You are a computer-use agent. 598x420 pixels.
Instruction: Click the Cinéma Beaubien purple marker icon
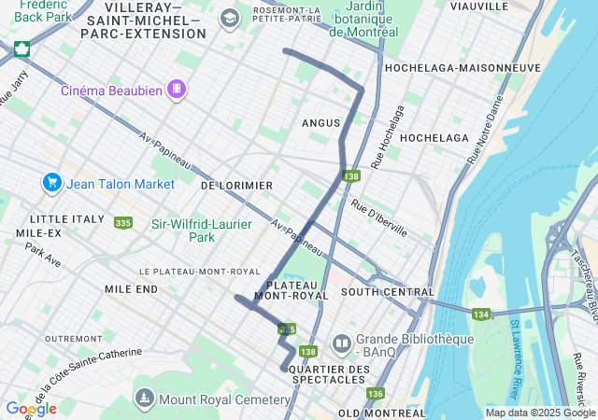[177, 90]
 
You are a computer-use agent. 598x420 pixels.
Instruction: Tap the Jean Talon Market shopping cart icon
[51, 183]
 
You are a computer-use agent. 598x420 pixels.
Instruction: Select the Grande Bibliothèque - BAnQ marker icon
[341, 344]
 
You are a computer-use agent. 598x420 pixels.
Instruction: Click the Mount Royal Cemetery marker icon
[144, 399]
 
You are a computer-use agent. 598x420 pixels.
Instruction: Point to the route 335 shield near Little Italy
[122, 222]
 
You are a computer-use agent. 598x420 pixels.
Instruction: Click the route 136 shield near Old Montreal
[375, 393]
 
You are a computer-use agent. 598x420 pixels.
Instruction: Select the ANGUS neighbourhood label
[320, 123]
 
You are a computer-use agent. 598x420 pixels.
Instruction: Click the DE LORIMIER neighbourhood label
[236, 186]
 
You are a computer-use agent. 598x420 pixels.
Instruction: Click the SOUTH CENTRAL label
[375, 292]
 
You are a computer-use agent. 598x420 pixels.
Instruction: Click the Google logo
[31, 409]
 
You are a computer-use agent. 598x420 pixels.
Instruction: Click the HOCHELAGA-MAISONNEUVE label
[463, 68]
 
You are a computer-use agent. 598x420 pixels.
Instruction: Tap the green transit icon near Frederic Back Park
[21, 49]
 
